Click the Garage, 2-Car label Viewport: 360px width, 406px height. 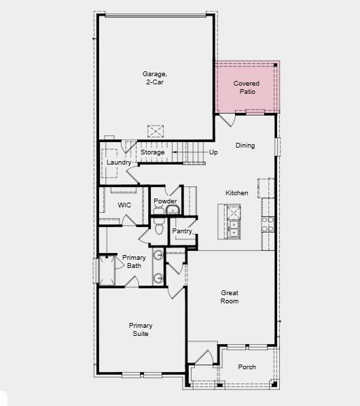[x=154, y=78]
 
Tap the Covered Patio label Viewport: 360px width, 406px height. [x=247, y=87]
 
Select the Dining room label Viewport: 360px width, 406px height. [x=245, y=145]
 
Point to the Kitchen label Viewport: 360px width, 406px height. [x=237, y=193]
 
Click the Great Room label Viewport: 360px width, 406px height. [x=229, y=297]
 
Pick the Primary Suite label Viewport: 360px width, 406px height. [x=141, y=329]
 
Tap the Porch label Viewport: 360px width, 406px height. [x=247, y=367]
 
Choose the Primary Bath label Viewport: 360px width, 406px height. [x=134, y=261]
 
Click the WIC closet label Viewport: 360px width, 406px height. [x=124, y=205]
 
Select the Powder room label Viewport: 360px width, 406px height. [x=165, y=201]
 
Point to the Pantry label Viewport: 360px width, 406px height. [x=182, y=231]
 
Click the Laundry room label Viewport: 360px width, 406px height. [x=119, y=163]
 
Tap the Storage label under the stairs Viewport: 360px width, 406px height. [x=153, y=152]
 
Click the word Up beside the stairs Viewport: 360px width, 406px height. [x=213, y=152]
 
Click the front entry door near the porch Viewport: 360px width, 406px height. [x=202, y=356]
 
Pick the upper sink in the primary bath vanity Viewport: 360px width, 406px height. [x=158, y=256]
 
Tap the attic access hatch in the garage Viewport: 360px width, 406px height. [x=157, y=130]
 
